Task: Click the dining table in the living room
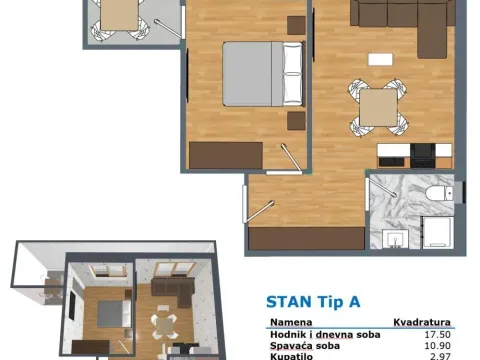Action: click(377, 104)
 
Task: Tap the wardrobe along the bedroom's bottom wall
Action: click(226, 155)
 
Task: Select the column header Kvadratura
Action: click(419, 323)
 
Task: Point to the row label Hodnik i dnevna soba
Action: click(316, 335)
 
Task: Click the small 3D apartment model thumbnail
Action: click(115, 300)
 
